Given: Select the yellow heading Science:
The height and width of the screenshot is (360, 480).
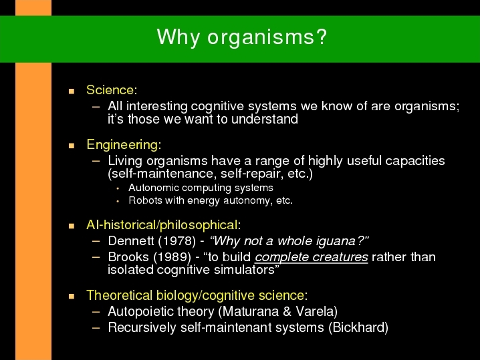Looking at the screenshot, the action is point(112,90).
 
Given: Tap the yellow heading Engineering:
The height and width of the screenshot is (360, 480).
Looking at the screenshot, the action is point(124,145).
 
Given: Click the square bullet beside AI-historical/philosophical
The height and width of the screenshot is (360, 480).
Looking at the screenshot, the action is point(72,226).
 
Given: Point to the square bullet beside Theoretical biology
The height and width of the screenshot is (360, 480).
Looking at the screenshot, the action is point(72,296).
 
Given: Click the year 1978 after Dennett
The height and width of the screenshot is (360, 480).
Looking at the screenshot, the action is point(177,241).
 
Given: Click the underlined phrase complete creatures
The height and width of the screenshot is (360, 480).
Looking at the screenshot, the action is point(312,257).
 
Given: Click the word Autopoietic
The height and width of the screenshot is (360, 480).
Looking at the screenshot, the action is point(141,312).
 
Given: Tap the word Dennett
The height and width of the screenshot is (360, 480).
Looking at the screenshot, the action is point(131,241).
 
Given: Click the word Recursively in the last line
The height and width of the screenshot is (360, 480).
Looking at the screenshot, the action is point(142,327).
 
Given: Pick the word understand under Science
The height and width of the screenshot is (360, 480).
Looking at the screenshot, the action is point(265,119).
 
